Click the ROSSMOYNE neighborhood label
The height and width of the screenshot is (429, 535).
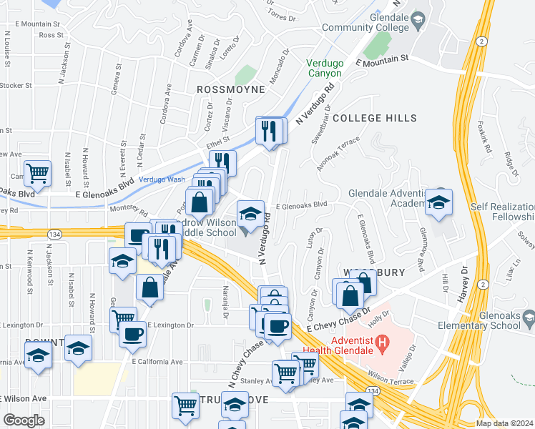tap(230, 89)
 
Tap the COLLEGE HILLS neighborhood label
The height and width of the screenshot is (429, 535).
tap(374, 118)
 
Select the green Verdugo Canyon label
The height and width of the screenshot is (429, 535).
tap(325, 68)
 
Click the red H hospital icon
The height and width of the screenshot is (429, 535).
tap(383, 342)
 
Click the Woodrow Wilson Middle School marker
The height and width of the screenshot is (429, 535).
tap(250, 214)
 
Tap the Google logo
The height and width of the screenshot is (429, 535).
tap(23, 420)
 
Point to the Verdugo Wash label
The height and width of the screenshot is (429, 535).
tap(162, 179)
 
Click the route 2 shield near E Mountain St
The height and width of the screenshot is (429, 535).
tap(482, 42)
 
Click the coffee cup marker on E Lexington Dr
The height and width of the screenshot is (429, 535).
tap(132, 333)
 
